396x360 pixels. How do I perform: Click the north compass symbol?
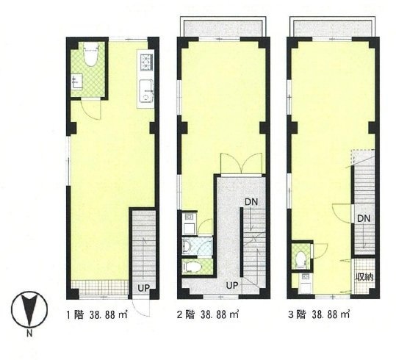point(29,309)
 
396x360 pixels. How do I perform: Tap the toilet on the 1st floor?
point(91,54)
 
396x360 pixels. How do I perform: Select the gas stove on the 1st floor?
point(146,62)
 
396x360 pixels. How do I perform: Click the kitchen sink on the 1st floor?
point(146,90)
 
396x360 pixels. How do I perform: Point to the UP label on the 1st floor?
point(144,288)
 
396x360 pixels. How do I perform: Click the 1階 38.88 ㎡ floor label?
point(97,315)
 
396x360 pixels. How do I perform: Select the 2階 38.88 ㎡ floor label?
point(208,315)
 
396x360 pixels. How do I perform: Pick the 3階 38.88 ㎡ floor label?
point(319,315)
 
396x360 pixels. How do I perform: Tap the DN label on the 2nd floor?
point(251,201)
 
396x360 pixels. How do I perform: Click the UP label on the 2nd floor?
point(232,286)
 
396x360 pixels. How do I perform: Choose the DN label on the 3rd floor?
point(364,218)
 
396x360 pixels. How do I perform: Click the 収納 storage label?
point(364,277)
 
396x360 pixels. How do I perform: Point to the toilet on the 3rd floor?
point(300,259)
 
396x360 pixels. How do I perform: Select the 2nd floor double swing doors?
point(241,164)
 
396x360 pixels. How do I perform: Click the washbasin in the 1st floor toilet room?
point(77,82)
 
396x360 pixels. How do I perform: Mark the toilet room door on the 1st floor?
point(91,109)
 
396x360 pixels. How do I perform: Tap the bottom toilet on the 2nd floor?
point(192,267)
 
